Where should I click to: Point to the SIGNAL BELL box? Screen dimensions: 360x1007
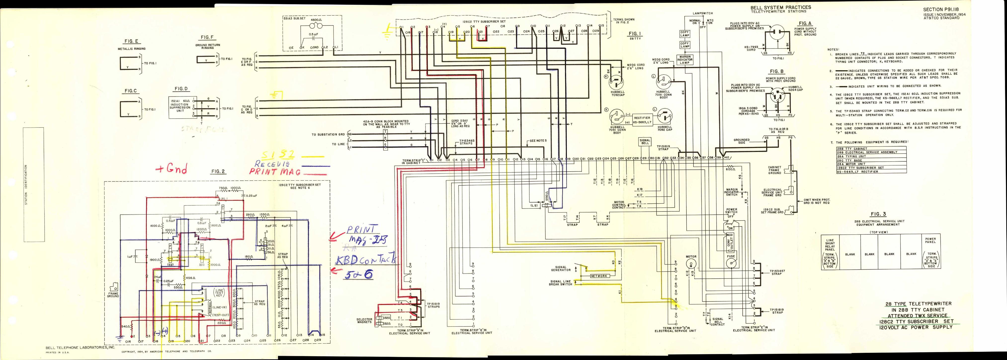(645, 142)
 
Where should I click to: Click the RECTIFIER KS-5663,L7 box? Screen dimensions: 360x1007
(642, 119)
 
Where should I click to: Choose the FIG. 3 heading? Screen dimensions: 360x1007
(878, 214)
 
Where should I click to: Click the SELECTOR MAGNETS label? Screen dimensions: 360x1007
(364, 321)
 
